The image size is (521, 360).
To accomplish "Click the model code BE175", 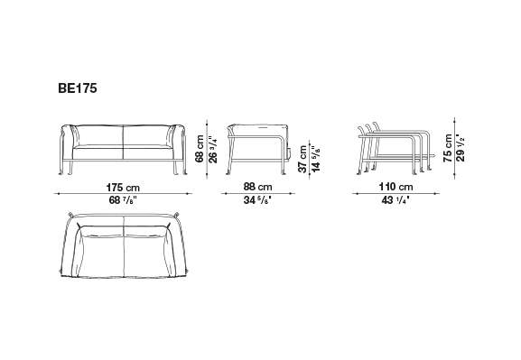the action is (x=78, y=88).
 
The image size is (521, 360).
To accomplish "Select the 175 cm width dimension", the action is (x=123, y=188).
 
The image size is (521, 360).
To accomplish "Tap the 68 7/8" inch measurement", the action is (x=123, y=200).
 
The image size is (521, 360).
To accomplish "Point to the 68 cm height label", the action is (x=200, y=149).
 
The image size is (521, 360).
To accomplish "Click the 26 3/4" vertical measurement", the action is (x=213, y=149).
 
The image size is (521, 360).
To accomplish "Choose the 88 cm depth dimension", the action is (x=258, y=187).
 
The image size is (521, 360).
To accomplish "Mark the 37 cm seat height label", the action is (x=302, y=159).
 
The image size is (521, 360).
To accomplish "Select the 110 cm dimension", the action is (x=396, y=187).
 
